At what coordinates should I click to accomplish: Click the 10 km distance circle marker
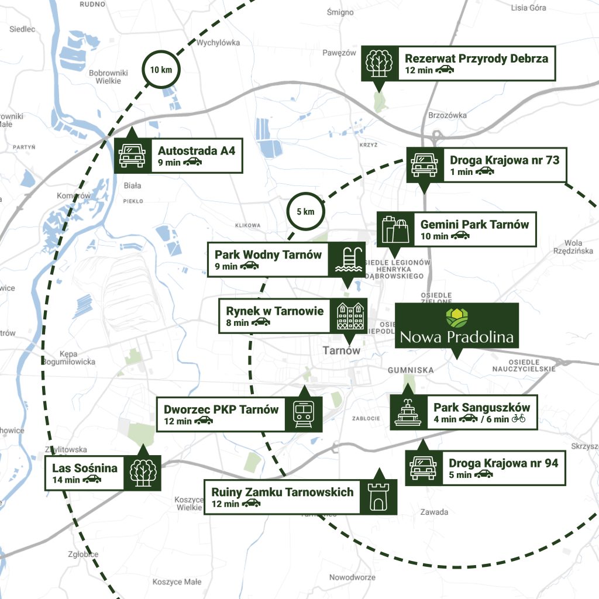coord(161,70)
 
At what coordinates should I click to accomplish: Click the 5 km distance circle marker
coord(305,211)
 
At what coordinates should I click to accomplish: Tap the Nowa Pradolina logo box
coord(457,326)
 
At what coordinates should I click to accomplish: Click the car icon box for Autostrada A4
coord(132,156)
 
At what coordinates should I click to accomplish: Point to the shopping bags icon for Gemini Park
coord(395,229)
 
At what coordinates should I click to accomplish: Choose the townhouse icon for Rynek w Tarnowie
coord(350,316)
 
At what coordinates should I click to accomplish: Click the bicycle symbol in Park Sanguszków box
coord(519,418)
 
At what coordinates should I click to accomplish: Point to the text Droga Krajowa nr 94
coord(503,463)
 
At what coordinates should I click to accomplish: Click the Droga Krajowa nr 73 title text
coord(504,160)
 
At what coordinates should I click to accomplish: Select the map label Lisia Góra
coord(528,8)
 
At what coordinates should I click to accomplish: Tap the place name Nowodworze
coord(352,577)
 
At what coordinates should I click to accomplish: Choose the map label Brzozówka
coord(447,115)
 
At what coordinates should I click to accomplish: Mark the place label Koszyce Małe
coord(177,581)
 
